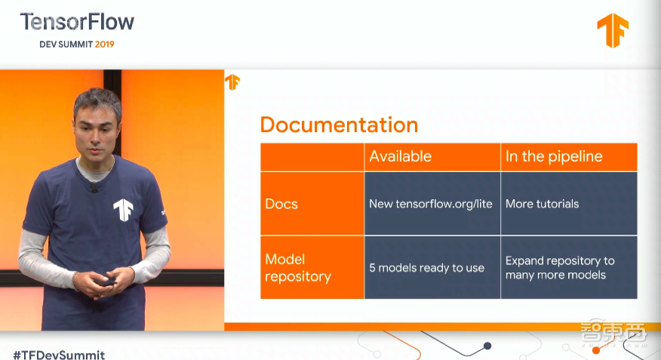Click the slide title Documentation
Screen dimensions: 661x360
click(x=339, y=125)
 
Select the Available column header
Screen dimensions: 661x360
click(x=401, y=156)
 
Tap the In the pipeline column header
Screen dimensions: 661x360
click(x=554, y=156)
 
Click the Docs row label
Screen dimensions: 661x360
click(x=281, y=204)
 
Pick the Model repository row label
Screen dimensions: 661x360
click(x=298, y=268)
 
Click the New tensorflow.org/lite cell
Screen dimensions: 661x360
click(x=430, y=204)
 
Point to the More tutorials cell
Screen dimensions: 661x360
click(x=542, y=204)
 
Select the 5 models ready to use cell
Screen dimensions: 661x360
click(x=426, y=268)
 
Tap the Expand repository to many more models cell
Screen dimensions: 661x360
click(x=560, y=268)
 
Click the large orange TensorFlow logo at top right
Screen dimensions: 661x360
click(x=613, y=29)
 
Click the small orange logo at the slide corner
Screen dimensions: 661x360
click(x=232, y=82)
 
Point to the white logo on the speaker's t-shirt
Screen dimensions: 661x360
click(x=123, y=210)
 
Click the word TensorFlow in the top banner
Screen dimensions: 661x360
click(x=77, y=22)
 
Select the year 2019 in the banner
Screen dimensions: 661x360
click(x=105, y=45)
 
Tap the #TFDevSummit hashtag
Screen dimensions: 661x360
click(x=59, y=355)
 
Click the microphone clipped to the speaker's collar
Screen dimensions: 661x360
click(x=94, y=186)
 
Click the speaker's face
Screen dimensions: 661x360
click(x=97, y=133)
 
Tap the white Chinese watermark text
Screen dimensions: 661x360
click(x=613, y=333)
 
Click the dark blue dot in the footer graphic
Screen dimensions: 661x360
click(x=487, y=346)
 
